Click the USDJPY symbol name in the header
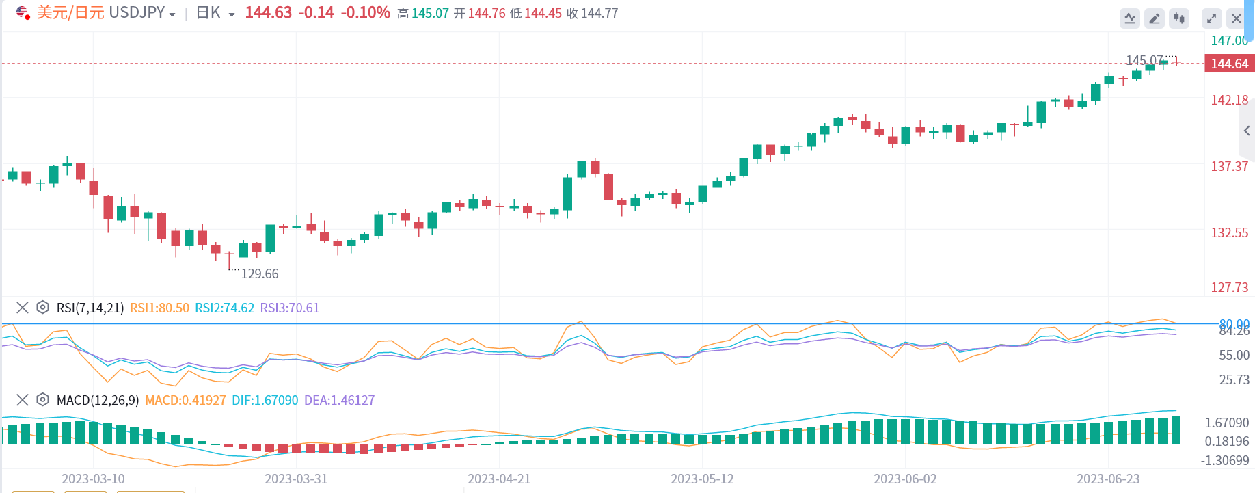[x=137, y=13]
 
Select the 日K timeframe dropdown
[x=214, y=13]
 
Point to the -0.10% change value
[x=365, y=13]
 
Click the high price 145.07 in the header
[x=430, y=14]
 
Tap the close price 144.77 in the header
[x=599, y=14]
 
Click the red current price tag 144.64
[x=1229, y=64]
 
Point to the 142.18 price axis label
[x=1229, y=101]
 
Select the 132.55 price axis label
[x=1229, y=233]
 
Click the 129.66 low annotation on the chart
[x=260, y=274]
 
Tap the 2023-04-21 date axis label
[x=499, y=479]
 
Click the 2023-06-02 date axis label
[x=905, y=479]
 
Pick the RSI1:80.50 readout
[x=159, y=308]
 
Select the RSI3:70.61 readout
[x=289, y=308]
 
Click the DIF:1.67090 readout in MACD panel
[x=265, y=401]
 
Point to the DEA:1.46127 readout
[x=339, y=401]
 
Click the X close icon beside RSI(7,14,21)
[x=23, y=308]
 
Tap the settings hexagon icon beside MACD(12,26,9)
[x=42, y=400]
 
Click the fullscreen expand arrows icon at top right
[x=1211, y=18]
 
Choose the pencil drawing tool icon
[x=1155, y=18]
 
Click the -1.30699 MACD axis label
[x=1224, y=461]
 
